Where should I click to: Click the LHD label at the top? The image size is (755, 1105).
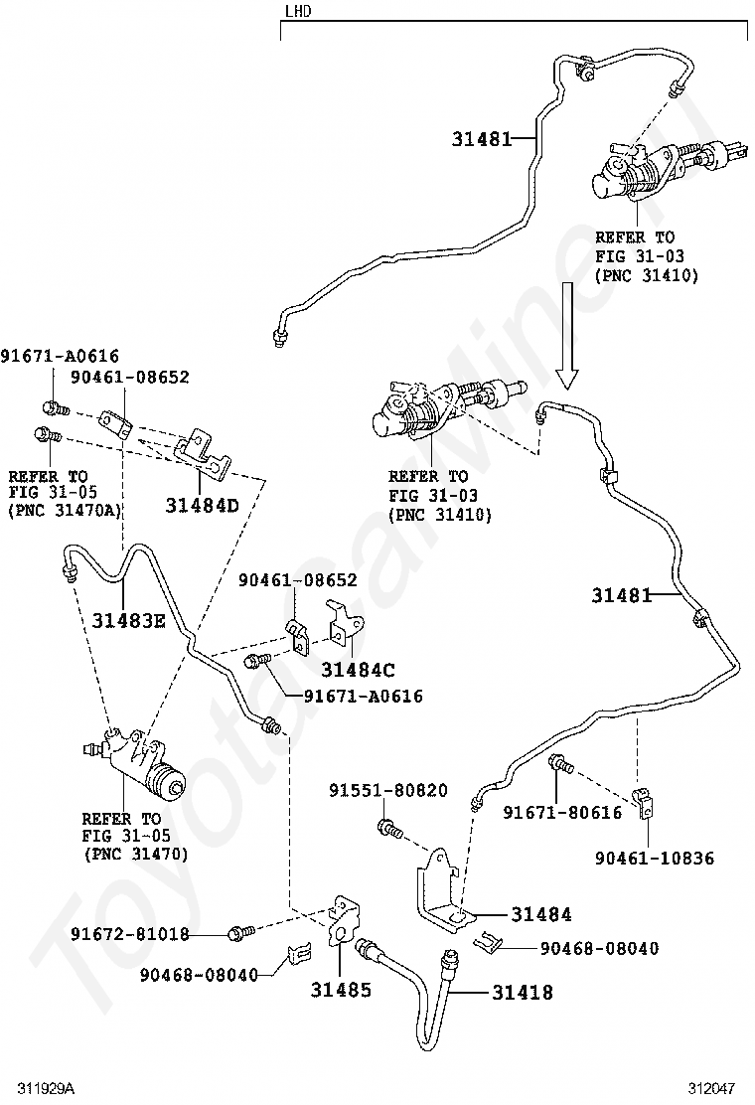point(298,11)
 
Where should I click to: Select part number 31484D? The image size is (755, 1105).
point(202,505)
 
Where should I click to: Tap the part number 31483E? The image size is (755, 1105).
point(128,621)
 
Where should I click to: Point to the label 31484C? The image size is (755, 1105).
point(359,670)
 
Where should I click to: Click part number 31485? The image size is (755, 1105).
point(341,990)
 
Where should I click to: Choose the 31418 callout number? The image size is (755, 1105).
point(523,993)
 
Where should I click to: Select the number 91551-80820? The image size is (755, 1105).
point(388,791)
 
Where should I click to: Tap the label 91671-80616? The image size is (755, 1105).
point(562,813)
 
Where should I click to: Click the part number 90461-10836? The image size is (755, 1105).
point(655,859)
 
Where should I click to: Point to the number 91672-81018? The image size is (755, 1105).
point(129,934)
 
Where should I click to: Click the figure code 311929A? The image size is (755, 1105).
point(46,1089)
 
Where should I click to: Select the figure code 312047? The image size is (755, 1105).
point(712,1089)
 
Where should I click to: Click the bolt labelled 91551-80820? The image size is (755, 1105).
point(389,828)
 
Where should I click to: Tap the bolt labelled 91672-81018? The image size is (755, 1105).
point(238,933)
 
